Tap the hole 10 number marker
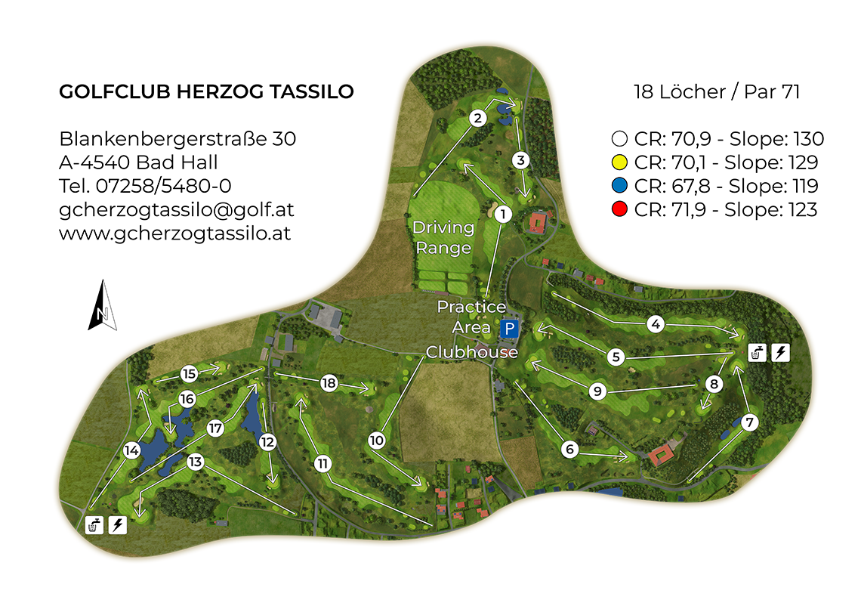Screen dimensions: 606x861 pyautogui.click(x=377, y=440)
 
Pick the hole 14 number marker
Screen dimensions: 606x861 pyautogui.click(x=131, y=451)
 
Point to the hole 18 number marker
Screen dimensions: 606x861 pyautogui.click(x=328, y=383)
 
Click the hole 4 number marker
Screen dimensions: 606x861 pyautogui.click(x=656, y=324)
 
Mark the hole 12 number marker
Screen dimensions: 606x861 pyautogui.click(x=267, y=443)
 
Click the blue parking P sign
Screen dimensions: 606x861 pyautogui.click(x=510, y=329)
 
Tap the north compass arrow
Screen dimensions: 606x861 pyautogui.click(x=103, y=305)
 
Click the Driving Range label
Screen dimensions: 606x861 pyautogui.click(x=443, y=237)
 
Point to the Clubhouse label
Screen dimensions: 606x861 pyautogui.click(x=472, y=352)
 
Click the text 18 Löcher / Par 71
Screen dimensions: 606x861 pyautogui.click(x=716, y=92)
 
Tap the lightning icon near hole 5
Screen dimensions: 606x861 pyautogui.click(x=781, y=352)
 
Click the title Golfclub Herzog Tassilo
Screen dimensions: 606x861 pyautogui.click(x=206, y=92)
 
